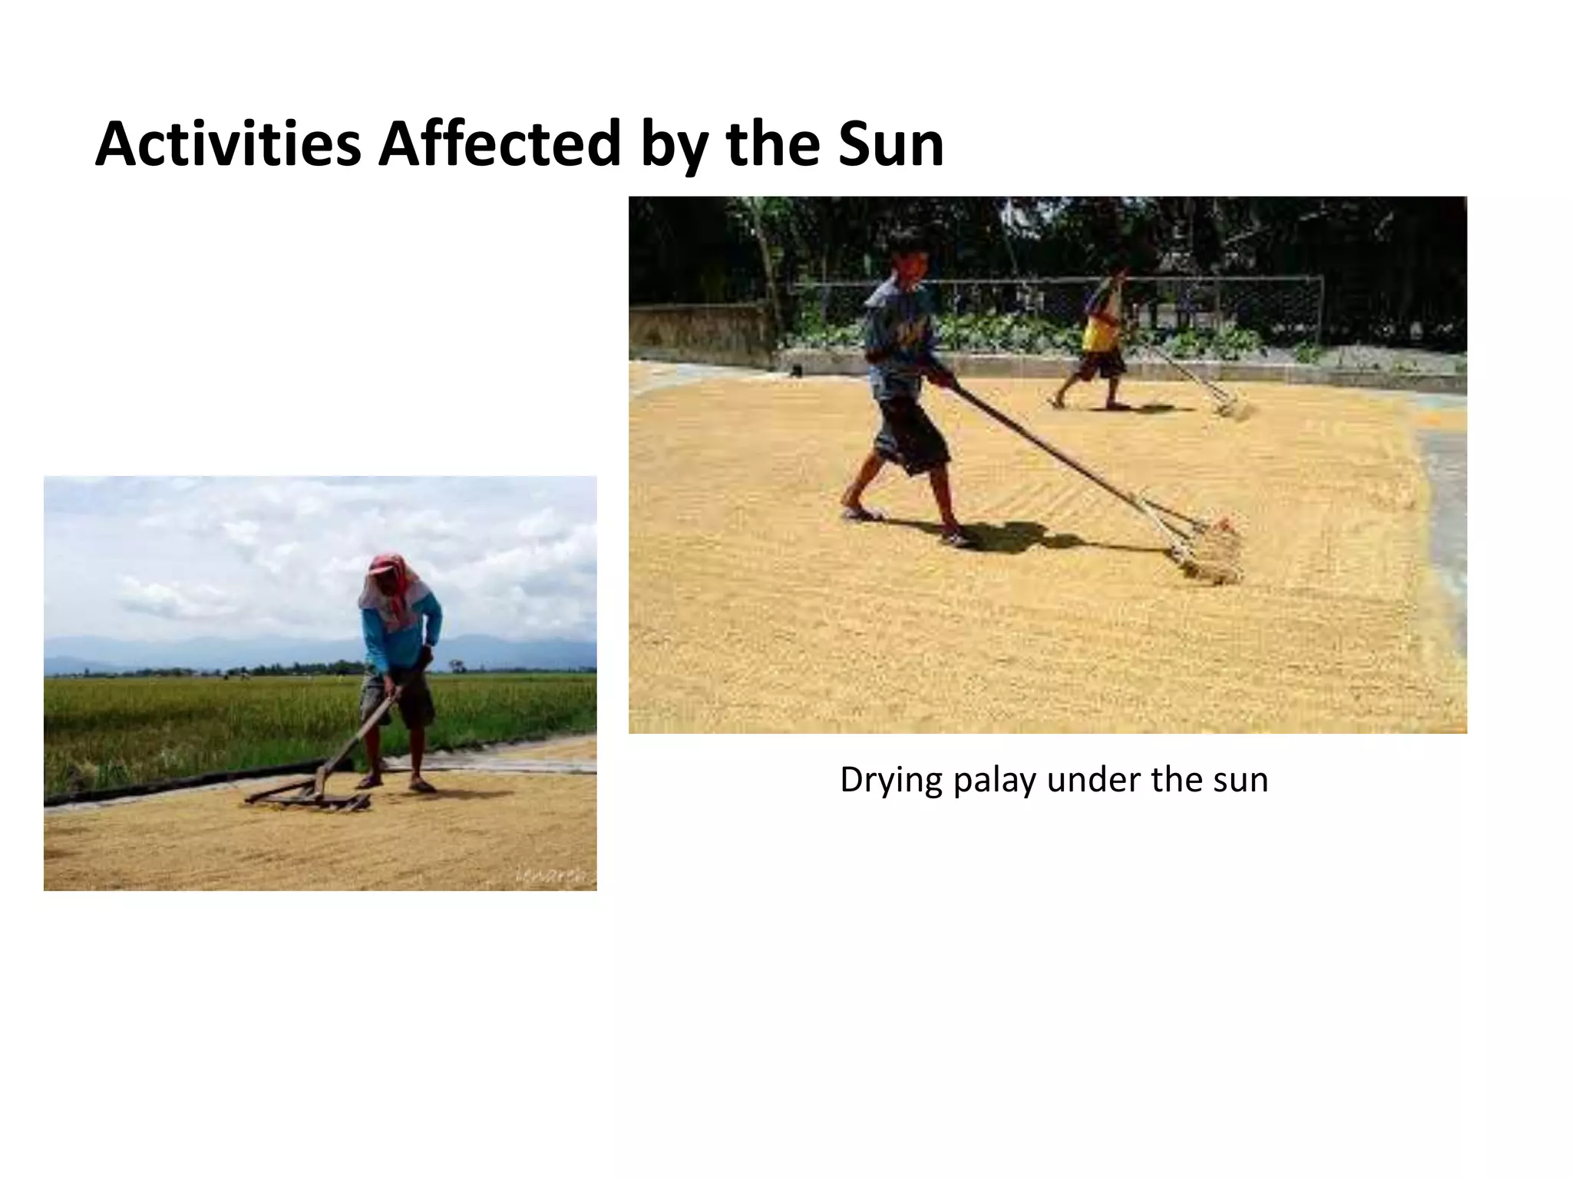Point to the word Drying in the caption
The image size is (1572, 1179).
891,781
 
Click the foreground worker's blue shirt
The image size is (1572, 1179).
898,330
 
